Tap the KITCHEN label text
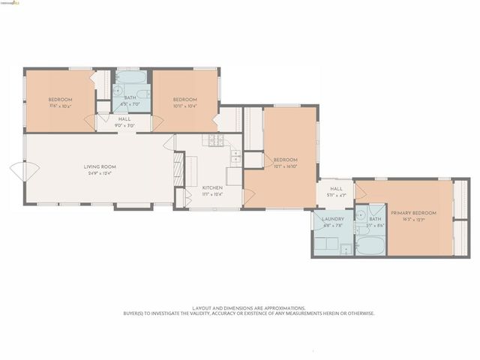211,187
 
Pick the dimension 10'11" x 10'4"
184,106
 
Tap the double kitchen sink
235,157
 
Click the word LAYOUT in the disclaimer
202,307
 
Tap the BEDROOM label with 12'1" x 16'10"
285,160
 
